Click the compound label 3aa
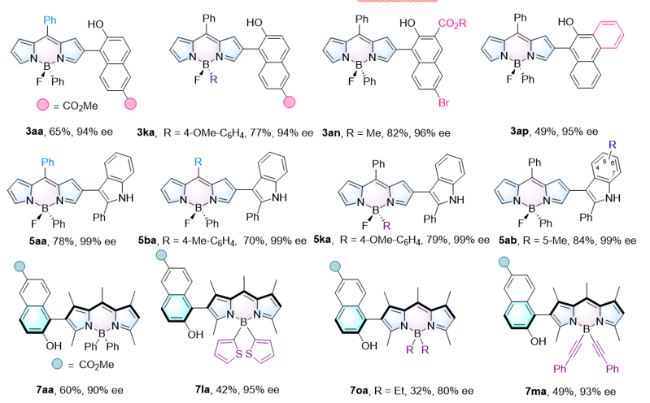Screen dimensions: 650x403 point(34,132)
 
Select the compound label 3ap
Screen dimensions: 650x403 point(519,132)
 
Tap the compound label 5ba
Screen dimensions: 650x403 point(147,240)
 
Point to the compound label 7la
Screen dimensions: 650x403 point(203,389)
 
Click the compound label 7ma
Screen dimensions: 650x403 point(535,392)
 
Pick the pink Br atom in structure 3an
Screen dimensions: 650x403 point(443,102)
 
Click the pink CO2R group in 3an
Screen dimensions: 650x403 point(452,24)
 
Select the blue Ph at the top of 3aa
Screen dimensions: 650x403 point(50,19)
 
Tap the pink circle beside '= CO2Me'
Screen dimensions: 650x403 point(42,105)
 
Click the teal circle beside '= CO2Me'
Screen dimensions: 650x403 point(57,364)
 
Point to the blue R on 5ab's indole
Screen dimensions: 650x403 point(613,145)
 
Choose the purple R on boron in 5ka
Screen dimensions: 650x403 point(386,226)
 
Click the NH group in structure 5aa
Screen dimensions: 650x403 point(126,198)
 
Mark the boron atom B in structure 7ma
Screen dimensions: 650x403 point(587,329)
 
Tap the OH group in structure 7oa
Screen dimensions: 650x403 point(369,345)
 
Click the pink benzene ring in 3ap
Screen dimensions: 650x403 point(609,34)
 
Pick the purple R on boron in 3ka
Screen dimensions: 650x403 point(213,79)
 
